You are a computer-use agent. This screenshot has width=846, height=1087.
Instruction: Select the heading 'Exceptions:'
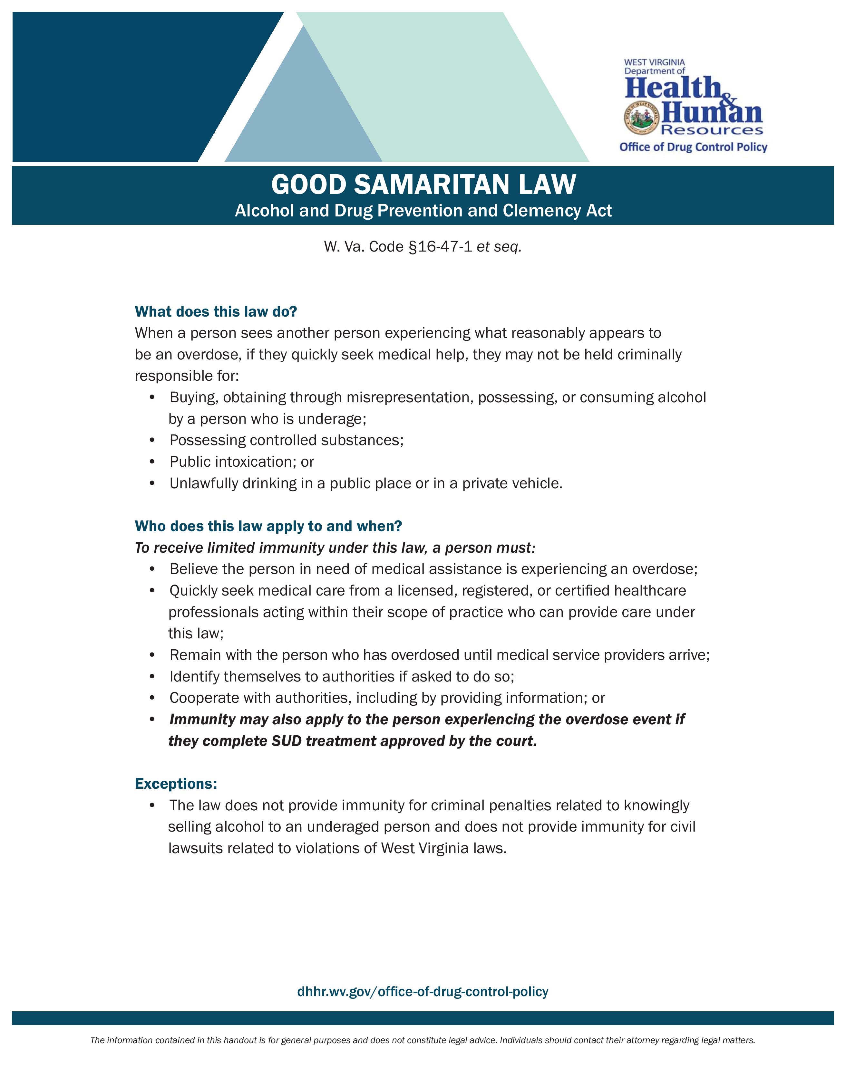[176, 784]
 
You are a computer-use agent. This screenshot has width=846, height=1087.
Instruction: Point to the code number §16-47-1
[440, 247]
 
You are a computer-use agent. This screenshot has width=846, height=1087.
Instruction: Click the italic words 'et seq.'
[499, 247]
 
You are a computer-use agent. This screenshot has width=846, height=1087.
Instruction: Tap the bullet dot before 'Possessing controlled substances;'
[152, 441]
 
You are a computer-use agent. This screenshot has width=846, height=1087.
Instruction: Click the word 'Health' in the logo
[672, 89]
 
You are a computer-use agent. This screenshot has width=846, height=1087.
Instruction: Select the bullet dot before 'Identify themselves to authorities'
[152, 677]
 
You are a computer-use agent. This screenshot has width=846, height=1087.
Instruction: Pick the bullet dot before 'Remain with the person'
[152, 655]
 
